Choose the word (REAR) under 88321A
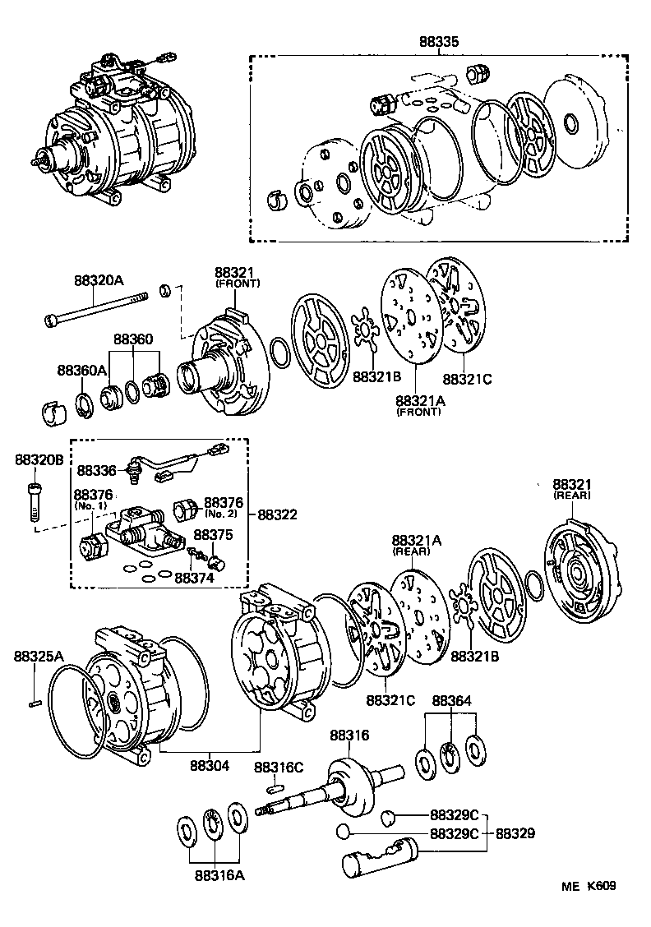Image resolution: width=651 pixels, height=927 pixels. tap(416, 552)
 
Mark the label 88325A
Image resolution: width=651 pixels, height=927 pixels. tap(38, 656)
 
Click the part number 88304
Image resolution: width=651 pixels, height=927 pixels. tap(210, 765)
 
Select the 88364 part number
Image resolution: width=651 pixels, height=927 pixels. tap(452, 700)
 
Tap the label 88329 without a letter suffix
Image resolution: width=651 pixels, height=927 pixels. tap(515, 832)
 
